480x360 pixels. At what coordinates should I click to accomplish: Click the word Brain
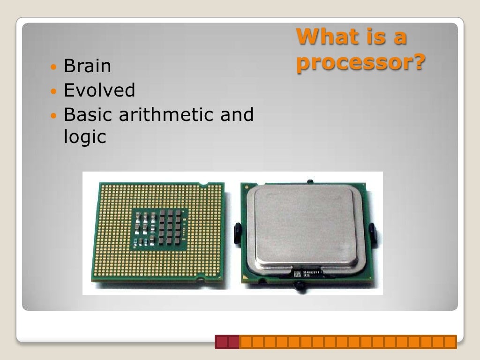click(x=87, y=66)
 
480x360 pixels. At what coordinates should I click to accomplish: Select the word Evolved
click(x=99, y=90)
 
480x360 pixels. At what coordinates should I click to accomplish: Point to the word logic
click(x=85, y=138)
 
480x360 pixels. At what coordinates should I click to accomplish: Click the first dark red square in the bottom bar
click(x=221, y=342)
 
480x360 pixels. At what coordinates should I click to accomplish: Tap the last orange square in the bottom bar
click(x=450, y=342)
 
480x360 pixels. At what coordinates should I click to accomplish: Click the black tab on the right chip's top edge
click(x=309, y=181)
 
